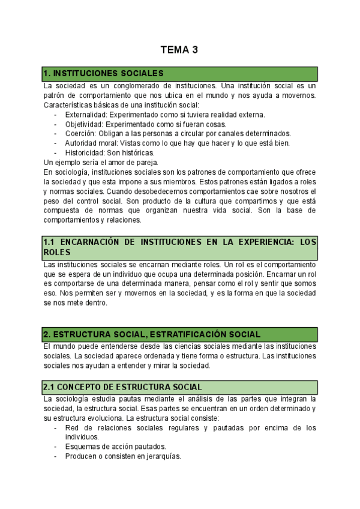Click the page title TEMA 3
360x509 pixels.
tap(179, 50)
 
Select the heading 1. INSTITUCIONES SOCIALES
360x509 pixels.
tap(103, 73)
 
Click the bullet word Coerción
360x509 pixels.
tap(80, 134)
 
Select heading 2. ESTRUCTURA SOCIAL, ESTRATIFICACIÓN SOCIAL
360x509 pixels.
tap(152, 334)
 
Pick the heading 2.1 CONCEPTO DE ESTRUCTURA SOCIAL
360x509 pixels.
tap(122, 387)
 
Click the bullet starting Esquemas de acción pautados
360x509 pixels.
tap(115, 446)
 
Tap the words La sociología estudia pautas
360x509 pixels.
tap(90, 399)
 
